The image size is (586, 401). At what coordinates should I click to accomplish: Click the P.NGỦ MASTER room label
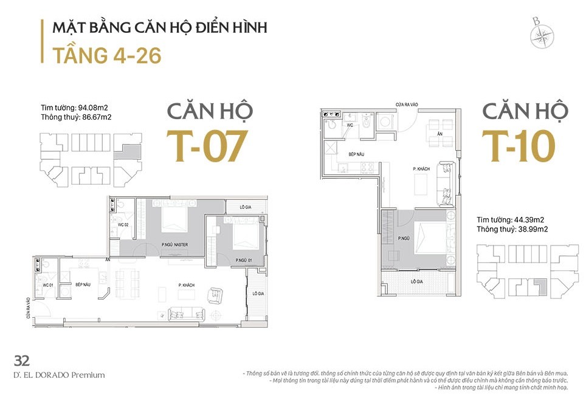pos(174,244)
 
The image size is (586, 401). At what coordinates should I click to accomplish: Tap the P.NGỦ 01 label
pos(245,260)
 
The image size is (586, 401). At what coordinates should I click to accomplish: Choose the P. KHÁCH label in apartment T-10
pos(422,168)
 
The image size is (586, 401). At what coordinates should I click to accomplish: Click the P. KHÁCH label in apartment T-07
pos(186,284)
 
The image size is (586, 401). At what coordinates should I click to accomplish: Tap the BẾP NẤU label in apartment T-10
pos(357,155)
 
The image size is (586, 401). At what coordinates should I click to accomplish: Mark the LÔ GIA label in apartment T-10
pos(416,281)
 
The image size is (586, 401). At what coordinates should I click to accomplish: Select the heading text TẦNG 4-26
pos(106,55)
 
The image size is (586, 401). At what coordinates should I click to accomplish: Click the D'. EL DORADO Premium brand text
pos(59,375)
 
